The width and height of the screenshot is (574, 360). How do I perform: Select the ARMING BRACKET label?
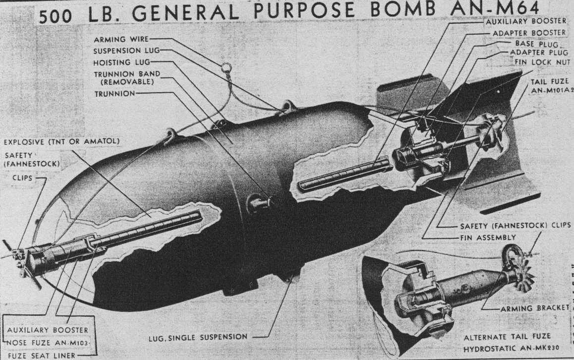tap(541, 307)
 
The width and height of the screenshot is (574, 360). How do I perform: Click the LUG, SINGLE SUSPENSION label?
tap(198, 337)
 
